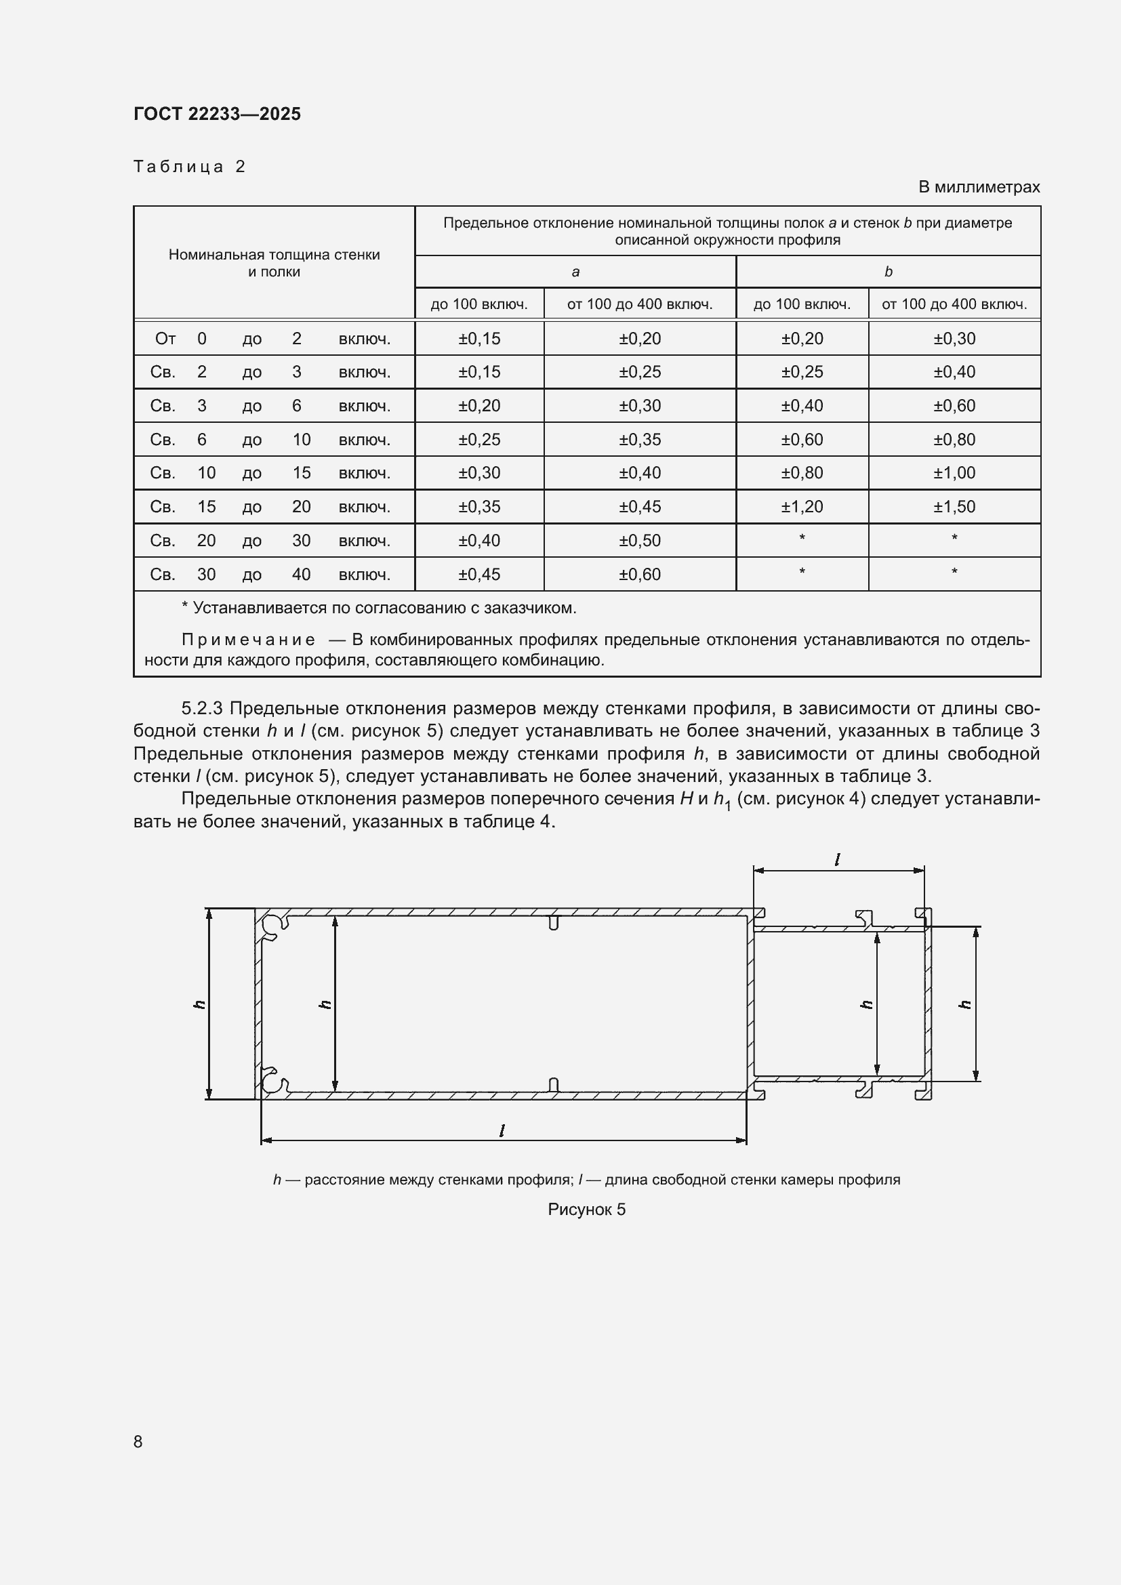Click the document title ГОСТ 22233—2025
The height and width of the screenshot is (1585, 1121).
coord(217,114)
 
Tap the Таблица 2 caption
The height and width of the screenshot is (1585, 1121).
coord(189,167)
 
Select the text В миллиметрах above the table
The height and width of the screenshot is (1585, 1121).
coord(978,187)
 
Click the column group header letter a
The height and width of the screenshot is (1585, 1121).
coord(575,272)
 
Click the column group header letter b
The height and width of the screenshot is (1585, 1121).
coord(888,272)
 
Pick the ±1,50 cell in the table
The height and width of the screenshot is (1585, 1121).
coord(954,507)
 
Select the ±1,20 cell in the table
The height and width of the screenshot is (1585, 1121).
coord(801,507)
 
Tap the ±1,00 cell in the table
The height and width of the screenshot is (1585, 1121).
coord(954,473)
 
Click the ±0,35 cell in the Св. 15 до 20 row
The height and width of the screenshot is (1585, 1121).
coord(479,507)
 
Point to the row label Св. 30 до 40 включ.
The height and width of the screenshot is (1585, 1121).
coord(270,575)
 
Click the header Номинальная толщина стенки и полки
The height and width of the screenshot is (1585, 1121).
coord(274,263)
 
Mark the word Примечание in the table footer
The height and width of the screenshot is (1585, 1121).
coord(249,640)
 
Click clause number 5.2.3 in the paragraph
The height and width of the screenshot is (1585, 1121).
coord(201,709)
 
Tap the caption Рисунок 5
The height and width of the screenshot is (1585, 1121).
coord(586,1210)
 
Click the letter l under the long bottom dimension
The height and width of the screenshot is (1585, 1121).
coord(502,1131)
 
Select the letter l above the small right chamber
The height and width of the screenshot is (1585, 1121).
coord(836,860)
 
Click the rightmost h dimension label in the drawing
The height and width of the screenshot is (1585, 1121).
coord(966,1004)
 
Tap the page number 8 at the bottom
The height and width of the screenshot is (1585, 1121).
coord(138,1442)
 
